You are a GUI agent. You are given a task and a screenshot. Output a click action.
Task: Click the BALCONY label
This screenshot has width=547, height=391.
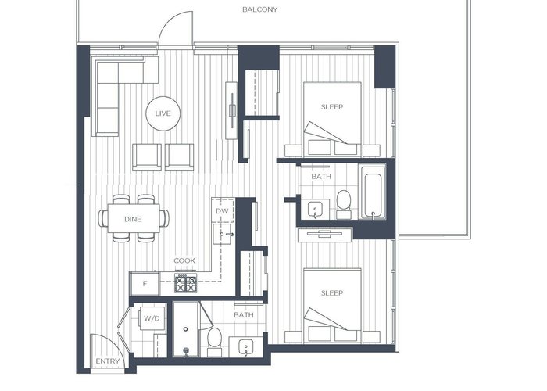tap(260, 9)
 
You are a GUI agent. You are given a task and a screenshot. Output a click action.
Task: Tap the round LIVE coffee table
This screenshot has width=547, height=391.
tap(163, 113)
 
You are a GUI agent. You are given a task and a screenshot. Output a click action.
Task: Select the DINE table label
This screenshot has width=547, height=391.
tap(133, 219)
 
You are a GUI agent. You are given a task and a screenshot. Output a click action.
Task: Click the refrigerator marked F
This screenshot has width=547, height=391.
tap(145, 283)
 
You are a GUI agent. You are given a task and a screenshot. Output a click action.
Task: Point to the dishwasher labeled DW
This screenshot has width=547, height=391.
tap(223, 210)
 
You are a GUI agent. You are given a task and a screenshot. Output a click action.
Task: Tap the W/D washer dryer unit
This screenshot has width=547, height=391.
tap(152, 318)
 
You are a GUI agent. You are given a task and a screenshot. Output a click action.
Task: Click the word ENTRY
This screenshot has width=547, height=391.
tap(108, 361)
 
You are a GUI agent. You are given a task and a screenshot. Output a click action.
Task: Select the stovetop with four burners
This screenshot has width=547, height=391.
tap(186, 282)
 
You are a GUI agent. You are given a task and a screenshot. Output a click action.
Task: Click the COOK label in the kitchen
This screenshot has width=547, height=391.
tap(184, 260)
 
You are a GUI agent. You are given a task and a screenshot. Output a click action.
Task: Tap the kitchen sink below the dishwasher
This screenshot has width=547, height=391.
tap(223, 234)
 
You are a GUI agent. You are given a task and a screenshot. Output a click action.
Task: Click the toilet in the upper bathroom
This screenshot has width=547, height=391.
tap(344, 204)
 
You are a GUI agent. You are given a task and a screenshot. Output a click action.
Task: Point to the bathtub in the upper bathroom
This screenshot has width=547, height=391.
tap(374, 192)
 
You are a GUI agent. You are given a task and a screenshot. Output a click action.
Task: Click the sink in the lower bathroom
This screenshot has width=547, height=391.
tap(245, 347)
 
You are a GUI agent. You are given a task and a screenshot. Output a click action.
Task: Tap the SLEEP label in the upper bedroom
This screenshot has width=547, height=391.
tap(332, 107)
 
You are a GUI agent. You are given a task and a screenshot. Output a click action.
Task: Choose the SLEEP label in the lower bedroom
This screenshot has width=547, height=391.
tap(332, 293)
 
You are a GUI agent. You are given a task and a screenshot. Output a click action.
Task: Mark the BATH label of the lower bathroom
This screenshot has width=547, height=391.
tap(244, 315)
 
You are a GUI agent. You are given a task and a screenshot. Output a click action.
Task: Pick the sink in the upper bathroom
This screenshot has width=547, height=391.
tap(316, 210)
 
